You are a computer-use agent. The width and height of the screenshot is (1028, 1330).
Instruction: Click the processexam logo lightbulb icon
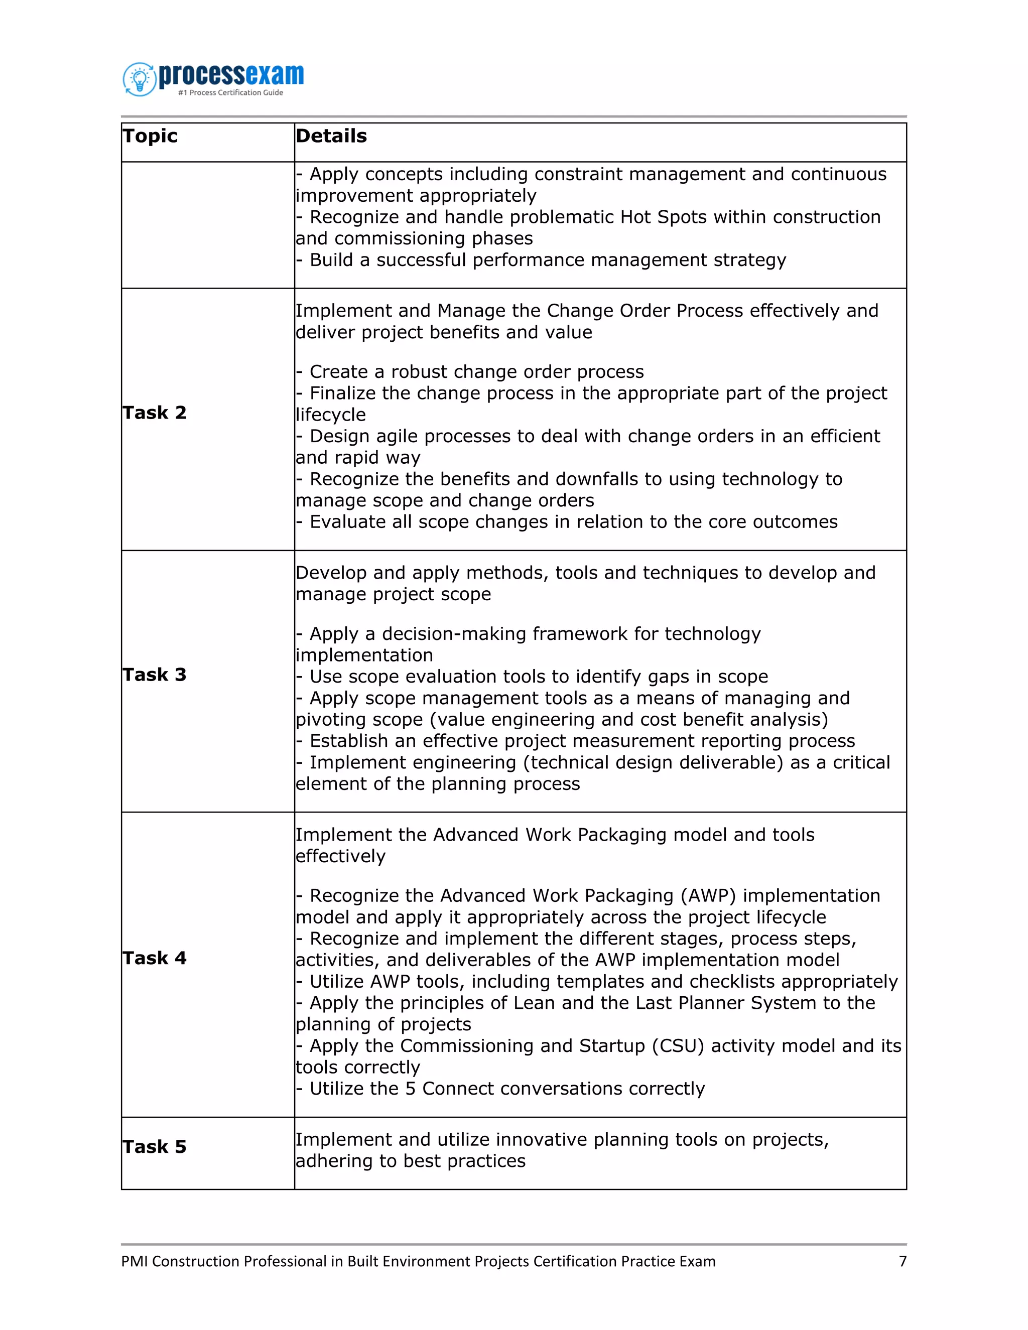pos(140,79)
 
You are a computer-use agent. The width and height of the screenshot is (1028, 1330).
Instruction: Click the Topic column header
pos(150,136)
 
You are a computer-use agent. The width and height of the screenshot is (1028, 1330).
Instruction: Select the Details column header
pos(331,136)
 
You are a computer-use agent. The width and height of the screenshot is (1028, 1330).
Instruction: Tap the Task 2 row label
pos(154,413)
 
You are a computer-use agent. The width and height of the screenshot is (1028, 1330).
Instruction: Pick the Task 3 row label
pos(154,675)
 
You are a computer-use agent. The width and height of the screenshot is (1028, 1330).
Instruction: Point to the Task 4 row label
pos(154,958)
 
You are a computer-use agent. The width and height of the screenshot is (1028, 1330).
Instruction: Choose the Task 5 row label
pos(154,1147)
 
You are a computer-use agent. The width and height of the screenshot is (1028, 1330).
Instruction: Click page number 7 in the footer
pos(903,1261)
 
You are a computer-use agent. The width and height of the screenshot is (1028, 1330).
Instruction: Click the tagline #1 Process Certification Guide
pos(230,92)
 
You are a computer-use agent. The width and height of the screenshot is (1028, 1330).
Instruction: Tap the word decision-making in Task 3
pos(453,634)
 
